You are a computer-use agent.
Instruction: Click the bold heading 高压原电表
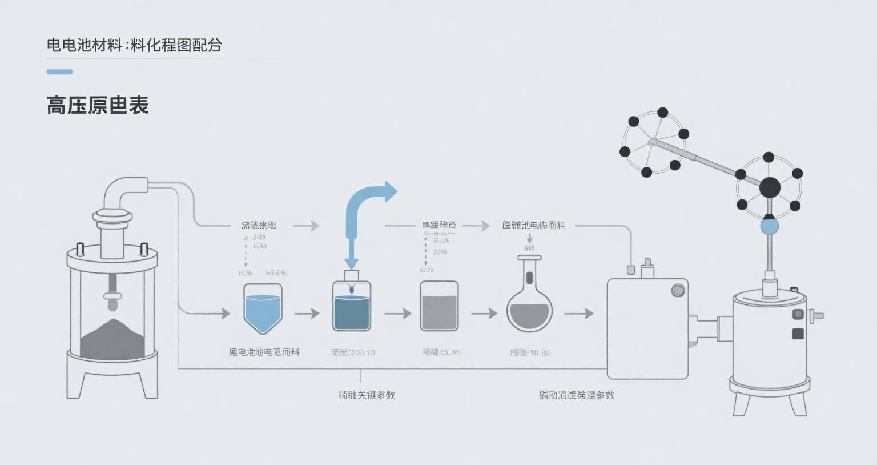click(98, 106)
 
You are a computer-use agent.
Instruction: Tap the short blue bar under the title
click(59, 72)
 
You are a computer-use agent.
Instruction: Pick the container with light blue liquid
click(263, 309)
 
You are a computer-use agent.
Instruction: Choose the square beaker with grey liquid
click(439, 307)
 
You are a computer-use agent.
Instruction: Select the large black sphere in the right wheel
click(769, 187)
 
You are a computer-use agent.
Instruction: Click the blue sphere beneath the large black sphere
click(769, 227)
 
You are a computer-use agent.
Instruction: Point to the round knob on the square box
click(678, 290)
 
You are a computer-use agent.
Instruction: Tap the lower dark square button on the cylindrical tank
click(797, 334)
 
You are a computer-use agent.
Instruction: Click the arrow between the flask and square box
click(578, 314)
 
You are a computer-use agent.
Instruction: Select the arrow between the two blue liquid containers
click(307, 314)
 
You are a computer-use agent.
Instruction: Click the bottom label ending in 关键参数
click(367, 395)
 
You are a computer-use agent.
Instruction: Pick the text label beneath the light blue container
click(264, 352)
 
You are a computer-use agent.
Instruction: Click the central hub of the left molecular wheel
click(653, 141)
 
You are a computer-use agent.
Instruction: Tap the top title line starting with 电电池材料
click(134, 45)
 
